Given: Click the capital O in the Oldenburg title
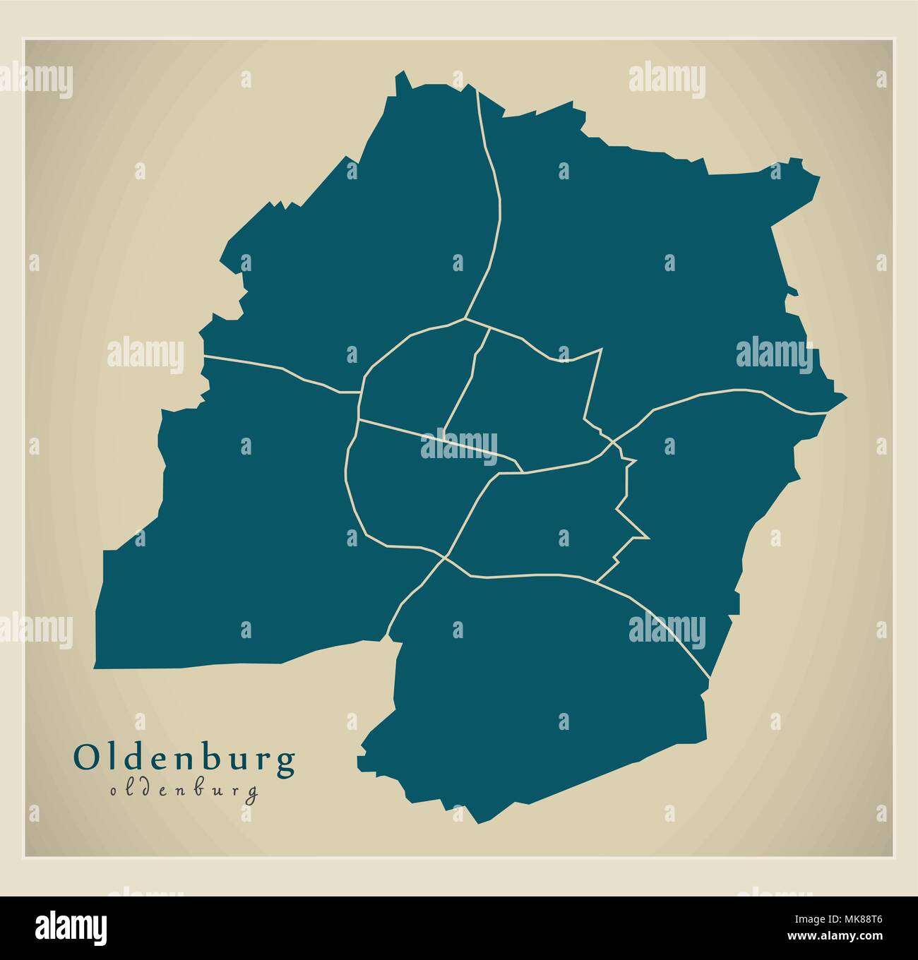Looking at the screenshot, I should pos(85,759).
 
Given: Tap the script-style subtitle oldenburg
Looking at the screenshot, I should pos(184,791).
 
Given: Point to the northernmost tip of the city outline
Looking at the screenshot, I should pos(403,72).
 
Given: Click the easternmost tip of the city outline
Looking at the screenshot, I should pos(846,397).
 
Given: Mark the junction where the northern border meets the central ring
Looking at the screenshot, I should pos(465,319).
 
